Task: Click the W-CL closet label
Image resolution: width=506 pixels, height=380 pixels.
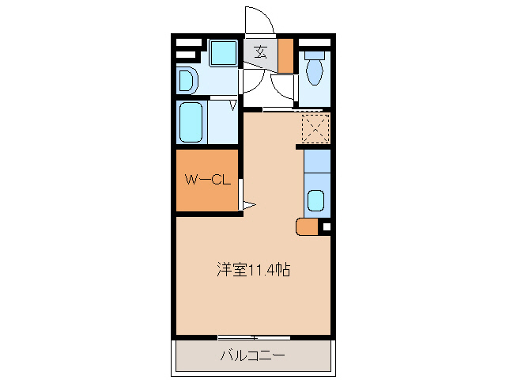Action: (x=207, y=180)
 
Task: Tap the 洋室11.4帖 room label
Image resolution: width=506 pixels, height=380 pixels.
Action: (x=254, y=270)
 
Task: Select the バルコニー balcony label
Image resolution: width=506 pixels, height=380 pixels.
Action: (x=252, y=355)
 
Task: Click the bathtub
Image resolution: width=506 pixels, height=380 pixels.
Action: (x=192, y=121)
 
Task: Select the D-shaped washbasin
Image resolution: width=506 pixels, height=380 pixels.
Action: (x=187, y=80)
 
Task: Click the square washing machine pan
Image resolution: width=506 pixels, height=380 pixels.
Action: (x=223, y=54)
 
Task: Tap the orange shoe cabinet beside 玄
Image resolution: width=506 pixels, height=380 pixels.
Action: (x=285, y=55)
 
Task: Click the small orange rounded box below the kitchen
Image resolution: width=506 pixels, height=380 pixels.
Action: (x=307, y=227)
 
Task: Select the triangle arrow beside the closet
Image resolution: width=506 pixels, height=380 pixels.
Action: (x=248, y=206)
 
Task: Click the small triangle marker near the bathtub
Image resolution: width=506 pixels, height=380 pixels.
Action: (x=234, y=104)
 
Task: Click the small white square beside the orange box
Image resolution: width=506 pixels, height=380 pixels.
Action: (x=326, y=228)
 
